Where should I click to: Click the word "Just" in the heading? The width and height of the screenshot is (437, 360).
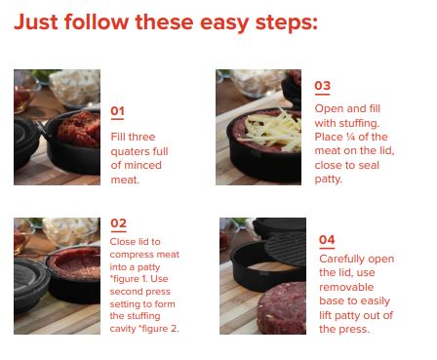tap(36, 22)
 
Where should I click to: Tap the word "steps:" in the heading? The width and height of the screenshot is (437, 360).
tap(287, 23)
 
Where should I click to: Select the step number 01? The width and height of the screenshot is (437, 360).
tap(117, 111)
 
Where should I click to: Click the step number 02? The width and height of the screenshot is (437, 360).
tap(118, 223)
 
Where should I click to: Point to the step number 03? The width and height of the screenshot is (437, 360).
tap(323, 86)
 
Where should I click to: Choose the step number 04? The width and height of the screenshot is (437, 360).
tap(327, 240)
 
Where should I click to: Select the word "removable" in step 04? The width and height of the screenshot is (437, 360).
tap(346, 287)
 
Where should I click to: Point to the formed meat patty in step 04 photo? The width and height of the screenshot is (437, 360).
tap(282, 308)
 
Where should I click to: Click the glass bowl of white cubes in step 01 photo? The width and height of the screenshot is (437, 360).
tap(75, 87)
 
